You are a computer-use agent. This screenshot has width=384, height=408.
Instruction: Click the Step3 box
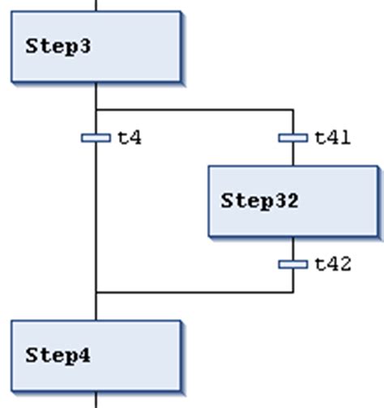coord(96,46)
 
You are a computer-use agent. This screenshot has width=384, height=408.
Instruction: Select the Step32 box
coord(292,201)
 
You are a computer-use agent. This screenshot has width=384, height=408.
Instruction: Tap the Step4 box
coord(96,355)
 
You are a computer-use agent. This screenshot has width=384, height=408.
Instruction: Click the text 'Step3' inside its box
coord(58,46)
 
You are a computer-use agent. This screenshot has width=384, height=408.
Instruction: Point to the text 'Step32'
coord(259,201)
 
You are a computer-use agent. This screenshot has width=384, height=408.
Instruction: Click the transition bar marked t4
coord(96,138)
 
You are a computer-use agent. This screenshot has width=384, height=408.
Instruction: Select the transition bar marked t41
coord(292,138)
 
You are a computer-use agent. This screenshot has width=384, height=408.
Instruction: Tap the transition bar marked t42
coord(292,264)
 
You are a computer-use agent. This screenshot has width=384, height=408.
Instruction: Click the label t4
coord(130,138)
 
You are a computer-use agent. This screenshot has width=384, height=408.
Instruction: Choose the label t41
coord(332,138)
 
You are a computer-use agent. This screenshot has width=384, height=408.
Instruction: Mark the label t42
coord(332,264)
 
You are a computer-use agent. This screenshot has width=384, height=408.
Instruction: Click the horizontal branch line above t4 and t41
coord(194,109)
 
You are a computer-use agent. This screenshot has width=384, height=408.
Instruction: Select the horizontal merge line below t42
coord(194,292)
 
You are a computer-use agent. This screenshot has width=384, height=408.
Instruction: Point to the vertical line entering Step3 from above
coord(96,5)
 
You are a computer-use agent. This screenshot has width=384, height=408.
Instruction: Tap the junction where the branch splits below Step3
coord(96,109)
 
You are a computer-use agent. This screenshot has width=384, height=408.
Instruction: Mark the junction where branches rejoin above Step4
coord(96,292)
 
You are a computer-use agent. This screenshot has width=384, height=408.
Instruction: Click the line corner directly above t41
coord(292,109)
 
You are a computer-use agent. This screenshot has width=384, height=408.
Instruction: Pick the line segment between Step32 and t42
coord(292,249)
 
